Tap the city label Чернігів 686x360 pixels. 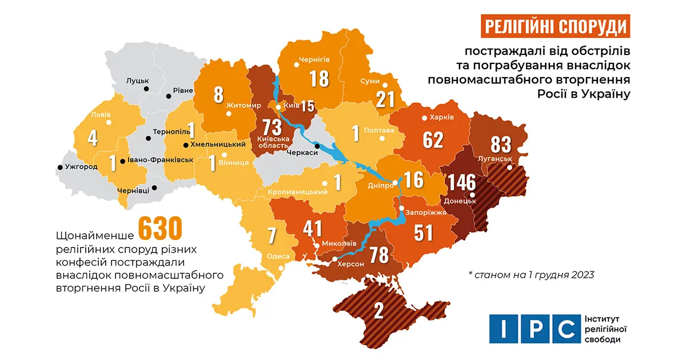point(314,59)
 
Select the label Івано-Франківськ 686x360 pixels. point(160,161)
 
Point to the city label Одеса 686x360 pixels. point(278,257)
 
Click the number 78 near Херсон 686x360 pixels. point(380,255)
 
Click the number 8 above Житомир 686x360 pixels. point(218,95)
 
